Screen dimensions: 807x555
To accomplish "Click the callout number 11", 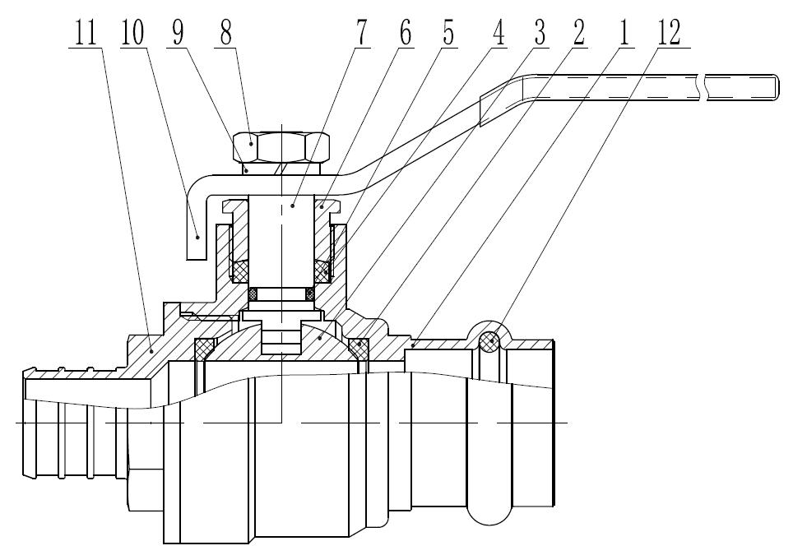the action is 86,33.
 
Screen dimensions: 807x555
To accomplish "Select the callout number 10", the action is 132,33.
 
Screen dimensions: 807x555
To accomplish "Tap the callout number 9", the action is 178,33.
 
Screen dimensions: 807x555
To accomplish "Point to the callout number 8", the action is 225,33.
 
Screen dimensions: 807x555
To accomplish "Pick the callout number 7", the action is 361,33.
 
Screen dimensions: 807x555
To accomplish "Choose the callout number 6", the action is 405,33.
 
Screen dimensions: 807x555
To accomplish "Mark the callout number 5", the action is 448,33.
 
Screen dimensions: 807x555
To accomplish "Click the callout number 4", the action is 498,33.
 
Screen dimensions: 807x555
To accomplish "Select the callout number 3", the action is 539,33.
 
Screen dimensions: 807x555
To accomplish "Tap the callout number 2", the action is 579,33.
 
